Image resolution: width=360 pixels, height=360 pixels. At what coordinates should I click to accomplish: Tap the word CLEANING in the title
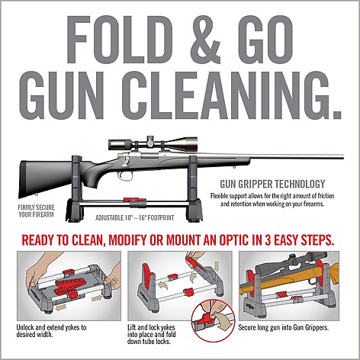pyautogui.click(x=230, y=95)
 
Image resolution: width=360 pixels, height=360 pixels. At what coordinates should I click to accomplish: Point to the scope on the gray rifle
pyautogui.click(x=153, y=144)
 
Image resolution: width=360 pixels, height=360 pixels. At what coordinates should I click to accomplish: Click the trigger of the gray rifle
pyautogui.click(x=124, y=175)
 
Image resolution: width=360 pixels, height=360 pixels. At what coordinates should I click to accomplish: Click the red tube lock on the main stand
pyautogui.click(x=134, y=201)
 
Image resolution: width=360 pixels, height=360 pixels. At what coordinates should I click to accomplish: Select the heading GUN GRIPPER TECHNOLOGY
pyautogui.click(x=272, y=184)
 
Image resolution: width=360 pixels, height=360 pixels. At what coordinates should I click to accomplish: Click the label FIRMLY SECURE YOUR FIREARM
pyautogui.click(x=36, y=211)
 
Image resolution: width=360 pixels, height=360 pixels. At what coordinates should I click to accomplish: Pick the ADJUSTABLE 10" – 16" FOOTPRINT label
pyautogui.click(x=135, y=218)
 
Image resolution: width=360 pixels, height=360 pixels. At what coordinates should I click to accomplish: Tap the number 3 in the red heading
pyautogui.click(x=268, y=240)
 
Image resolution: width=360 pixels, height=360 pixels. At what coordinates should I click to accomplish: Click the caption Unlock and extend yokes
pyautogui.click(x=51, y=331)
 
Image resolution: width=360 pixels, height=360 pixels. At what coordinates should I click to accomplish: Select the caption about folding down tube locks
pyautogui.click(x=152, y=334)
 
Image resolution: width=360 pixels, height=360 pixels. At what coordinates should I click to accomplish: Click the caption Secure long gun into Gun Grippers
pyautogui.click(x=284, y=327)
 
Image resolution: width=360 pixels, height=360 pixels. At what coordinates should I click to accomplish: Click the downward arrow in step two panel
pyautogui.click(x=217, y=266)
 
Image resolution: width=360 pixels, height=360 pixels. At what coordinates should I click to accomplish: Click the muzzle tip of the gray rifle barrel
pyautogui.click(x=344, y=156)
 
